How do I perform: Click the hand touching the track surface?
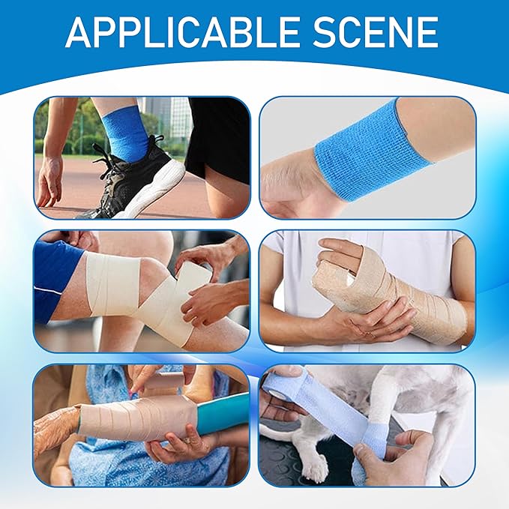50,180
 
